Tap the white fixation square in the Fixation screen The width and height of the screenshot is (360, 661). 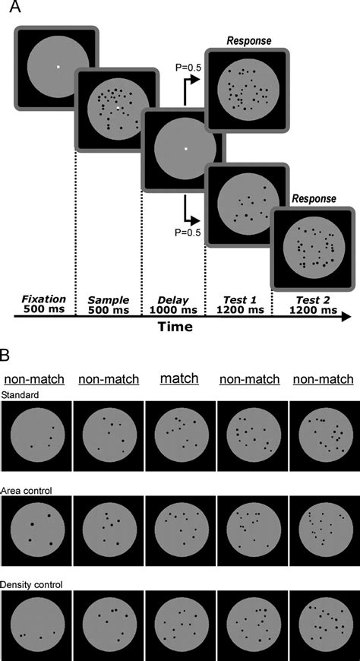(x=58, y=67)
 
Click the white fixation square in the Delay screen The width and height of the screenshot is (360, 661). (x=185, y=148)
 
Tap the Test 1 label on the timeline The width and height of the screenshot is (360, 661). (x=238, y=301)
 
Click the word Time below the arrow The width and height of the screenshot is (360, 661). (x=175, y=326)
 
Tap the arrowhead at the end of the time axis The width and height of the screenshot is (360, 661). (x=346, y=317)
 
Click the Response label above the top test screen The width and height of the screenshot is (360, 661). (x=248, y=41)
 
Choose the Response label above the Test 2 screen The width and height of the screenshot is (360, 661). (x=314, y=198)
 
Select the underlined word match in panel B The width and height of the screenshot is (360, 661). (x=179, y=378)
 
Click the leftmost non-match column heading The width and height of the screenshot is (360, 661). (x=34, y=379)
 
